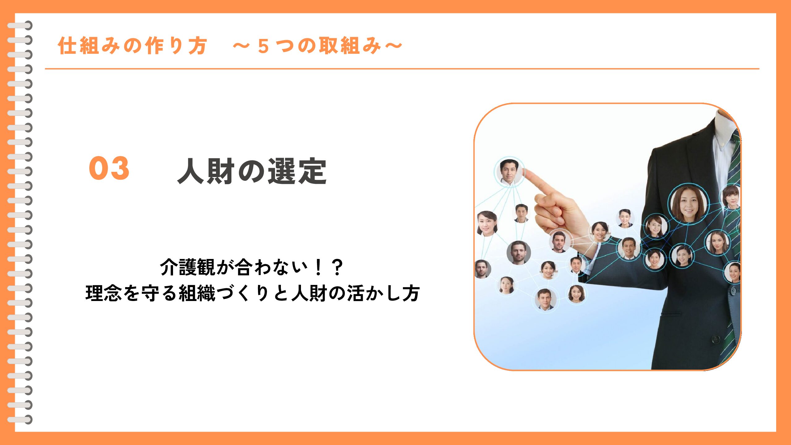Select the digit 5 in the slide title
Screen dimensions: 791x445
pos(263,47)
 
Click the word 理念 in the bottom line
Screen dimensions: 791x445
pos(104,293)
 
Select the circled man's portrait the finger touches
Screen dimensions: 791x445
pos(509,172)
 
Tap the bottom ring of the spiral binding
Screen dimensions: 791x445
pos(20,420)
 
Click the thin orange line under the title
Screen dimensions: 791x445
pos(402,69)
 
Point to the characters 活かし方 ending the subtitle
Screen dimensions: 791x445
pos(383,293)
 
